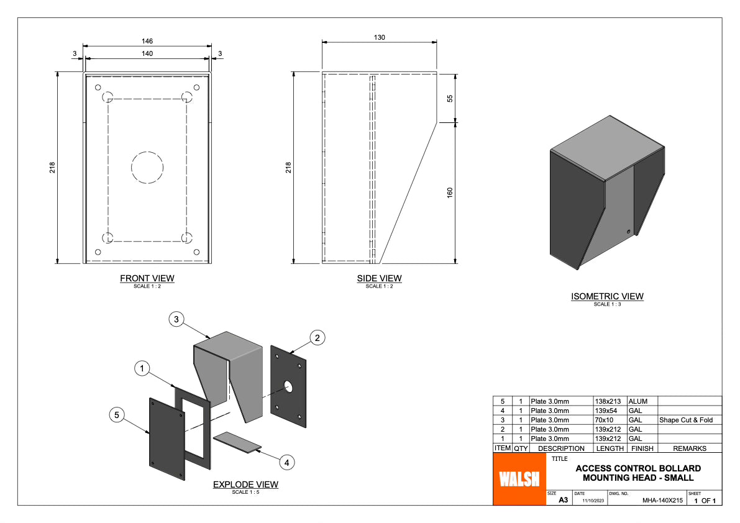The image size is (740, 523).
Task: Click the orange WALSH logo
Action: click(519, 479)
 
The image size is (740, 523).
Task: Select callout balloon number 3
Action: click(176, 319)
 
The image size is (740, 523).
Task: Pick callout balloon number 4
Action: click(286, 462)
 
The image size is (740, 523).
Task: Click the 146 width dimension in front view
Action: click(147, 41)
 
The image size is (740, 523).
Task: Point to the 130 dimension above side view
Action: click(379, 37)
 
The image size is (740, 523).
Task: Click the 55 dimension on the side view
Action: click(450, 98)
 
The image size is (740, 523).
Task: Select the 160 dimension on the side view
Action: click(450, 193)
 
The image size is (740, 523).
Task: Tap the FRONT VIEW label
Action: click(147, 278)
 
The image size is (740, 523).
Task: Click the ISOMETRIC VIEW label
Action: click(607, 296)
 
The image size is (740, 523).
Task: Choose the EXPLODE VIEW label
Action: click(245, 484)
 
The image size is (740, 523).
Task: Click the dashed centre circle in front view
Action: click(147, 167)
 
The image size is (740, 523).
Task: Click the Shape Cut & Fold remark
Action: click(686, 420)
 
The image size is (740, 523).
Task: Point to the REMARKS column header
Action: click(690, 448)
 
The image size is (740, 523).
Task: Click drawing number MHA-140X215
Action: click(662, 500)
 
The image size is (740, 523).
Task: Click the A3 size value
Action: click(563, 499)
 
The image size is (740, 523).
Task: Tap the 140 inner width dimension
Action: click(147, 53)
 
